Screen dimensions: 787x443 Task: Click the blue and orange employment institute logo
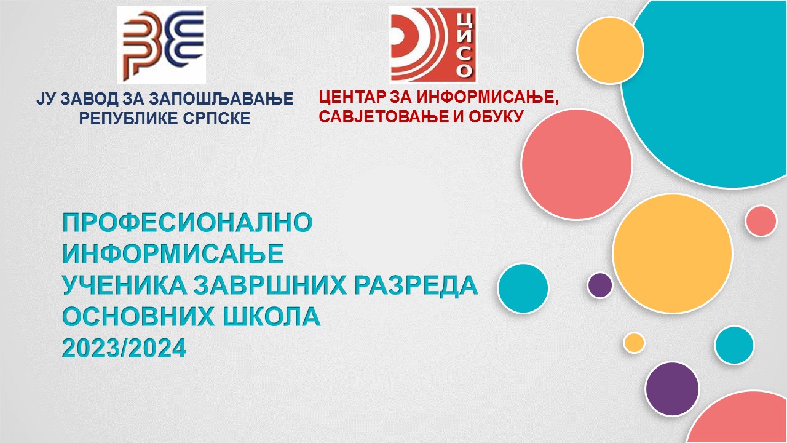(162, 44)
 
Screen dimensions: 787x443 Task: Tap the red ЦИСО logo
(433, 44)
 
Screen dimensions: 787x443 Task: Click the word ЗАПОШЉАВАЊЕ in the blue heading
(221, 98)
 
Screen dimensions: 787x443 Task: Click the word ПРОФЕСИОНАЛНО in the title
(188, 222)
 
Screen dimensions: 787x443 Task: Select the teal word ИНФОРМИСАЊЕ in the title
(173, 253)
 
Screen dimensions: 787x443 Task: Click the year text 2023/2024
(124, 348)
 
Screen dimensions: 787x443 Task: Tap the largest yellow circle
(673, 253)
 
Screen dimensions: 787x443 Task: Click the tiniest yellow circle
(634, 343)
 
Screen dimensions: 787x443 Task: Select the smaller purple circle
(599, 285)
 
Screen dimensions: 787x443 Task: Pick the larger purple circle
(673, 389)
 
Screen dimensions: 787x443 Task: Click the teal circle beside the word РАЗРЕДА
(523, 289)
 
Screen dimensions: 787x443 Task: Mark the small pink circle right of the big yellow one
(761, 221)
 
